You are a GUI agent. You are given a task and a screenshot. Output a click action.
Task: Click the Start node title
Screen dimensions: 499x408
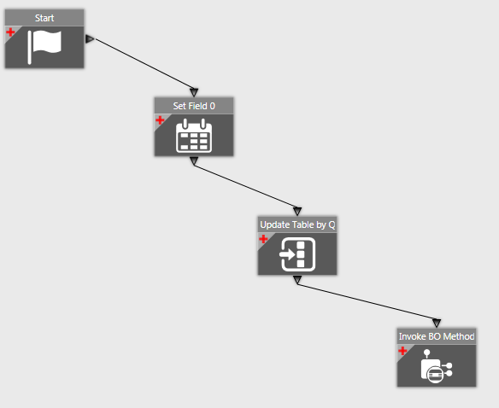[44, 18]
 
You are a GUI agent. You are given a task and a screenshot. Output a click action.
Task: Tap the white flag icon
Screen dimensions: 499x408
[44, 47]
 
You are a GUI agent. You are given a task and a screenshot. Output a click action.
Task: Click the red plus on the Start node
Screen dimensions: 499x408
[10, 32]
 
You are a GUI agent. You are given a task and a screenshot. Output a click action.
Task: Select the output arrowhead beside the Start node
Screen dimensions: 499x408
[90, 39]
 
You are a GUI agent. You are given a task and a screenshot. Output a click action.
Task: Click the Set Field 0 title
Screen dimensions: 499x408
[194, 106]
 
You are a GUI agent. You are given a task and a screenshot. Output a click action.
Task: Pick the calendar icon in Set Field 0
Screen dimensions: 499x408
[194, 136]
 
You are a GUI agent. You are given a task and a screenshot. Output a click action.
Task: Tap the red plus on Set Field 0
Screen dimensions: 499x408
[160, 120]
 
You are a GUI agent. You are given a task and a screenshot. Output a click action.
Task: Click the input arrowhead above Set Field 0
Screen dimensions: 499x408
[194, 92]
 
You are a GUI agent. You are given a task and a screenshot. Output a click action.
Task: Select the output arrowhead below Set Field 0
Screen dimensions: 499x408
[194, 161]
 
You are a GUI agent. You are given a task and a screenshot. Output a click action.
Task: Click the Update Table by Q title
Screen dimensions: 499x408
[297, 224]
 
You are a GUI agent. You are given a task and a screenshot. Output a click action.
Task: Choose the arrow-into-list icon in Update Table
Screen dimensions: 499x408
[297, 254]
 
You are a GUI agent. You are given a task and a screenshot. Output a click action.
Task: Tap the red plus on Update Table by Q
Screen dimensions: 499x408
[263, 239]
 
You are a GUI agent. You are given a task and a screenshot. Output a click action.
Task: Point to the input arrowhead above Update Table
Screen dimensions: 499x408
[297, 211]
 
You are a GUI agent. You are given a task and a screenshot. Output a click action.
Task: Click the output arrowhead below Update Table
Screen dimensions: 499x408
[297, 280]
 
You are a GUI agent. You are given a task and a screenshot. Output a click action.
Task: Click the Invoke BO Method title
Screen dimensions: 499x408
[437, 336]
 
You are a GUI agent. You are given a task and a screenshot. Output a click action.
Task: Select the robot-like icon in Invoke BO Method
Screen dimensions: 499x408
[437, 366]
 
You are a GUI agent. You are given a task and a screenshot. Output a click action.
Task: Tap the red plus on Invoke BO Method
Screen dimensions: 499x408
[402, 351]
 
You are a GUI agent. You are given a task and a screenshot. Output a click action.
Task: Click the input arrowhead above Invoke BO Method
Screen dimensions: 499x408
[437, 323]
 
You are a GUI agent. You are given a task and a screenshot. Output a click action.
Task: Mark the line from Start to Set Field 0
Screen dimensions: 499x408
[144, 64]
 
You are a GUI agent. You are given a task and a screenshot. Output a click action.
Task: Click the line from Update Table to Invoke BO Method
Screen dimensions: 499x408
[367, 302]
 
